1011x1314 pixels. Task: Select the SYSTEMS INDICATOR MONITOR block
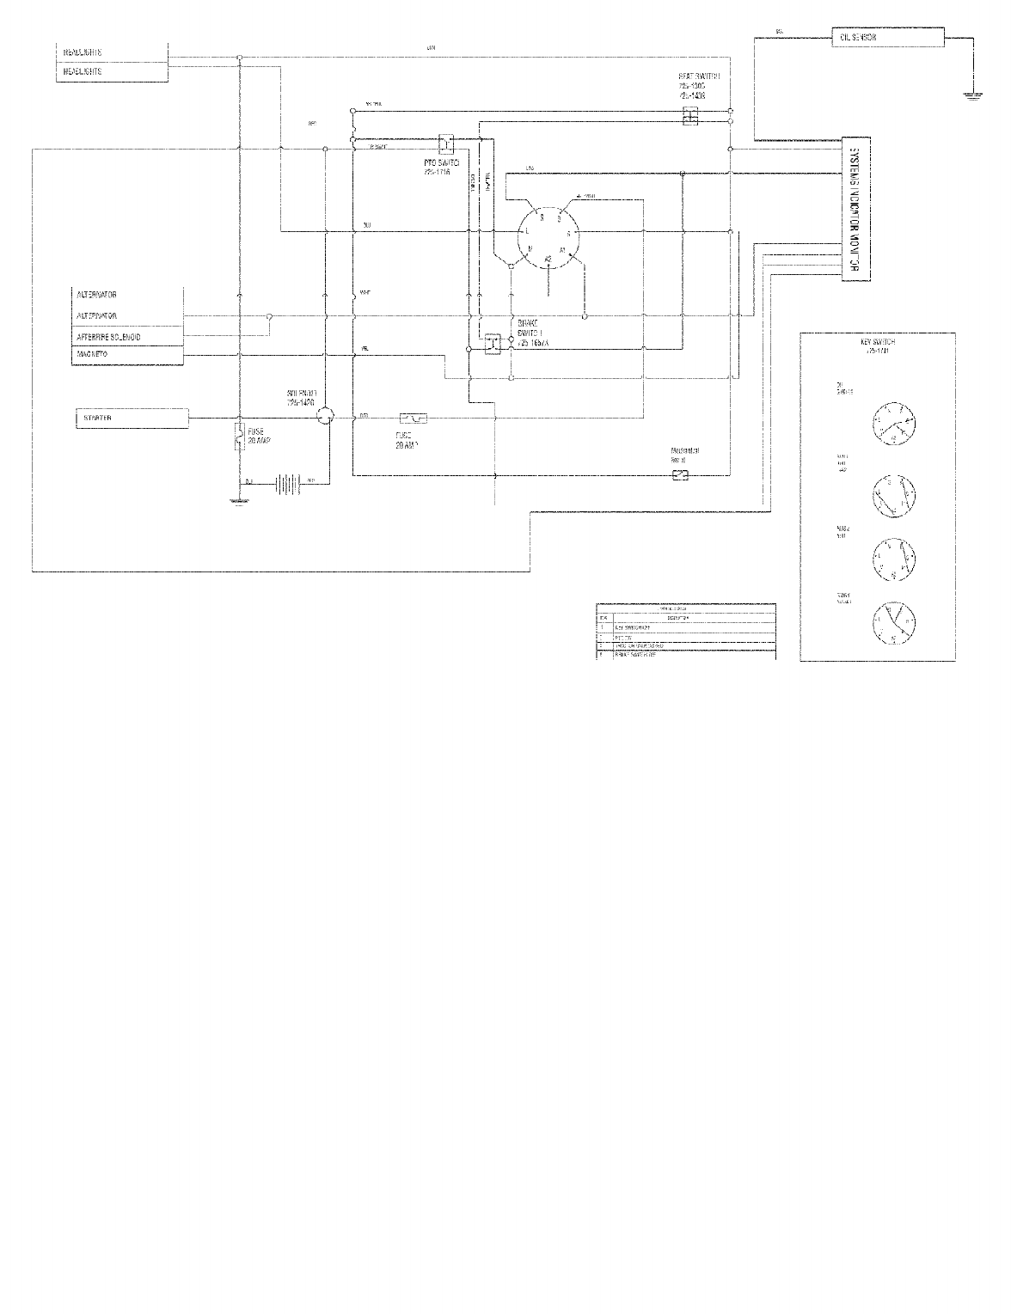(855, 209)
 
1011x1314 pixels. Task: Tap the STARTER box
(132, 419)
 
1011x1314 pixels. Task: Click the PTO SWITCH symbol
(446, 142)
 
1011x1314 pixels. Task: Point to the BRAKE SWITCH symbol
(493, 343)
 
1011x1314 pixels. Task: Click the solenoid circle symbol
(324, 417)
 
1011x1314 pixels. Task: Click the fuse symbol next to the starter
(238, 436)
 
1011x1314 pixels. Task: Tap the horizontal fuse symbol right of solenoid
(414, 419)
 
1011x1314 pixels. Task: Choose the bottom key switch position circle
(893, 621)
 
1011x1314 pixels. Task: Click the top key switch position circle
(893, 424)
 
